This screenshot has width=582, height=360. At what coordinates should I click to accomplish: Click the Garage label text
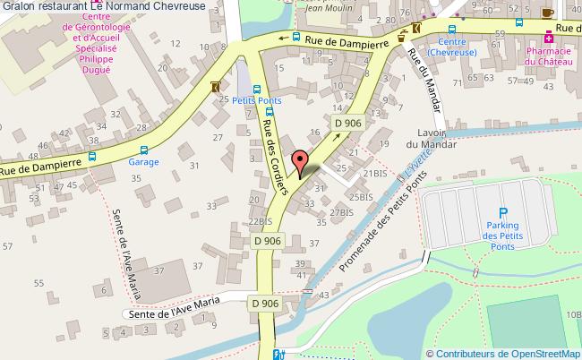[x=143, y=164]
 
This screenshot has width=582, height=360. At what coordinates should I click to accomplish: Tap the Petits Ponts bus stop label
[x=257, y=100]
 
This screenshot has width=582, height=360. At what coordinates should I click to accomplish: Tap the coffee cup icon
[x=546, y=12]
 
